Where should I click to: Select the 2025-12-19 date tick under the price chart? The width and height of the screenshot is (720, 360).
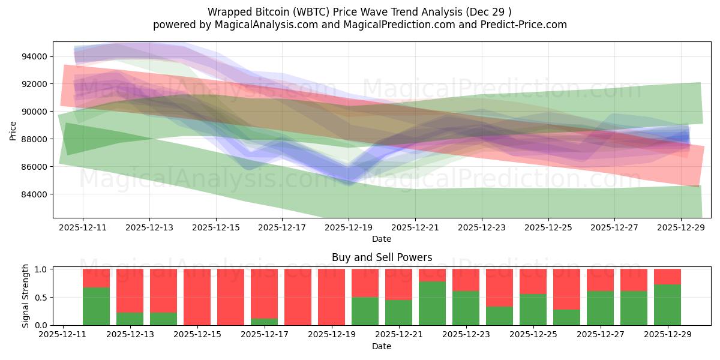pos(349,228)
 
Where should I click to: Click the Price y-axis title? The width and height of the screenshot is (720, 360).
pos(13,130)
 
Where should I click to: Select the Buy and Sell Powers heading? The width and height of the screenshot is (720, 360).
pos(382,257)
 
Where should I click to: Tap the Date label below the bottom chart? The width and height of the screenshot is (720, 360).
pos(382,346)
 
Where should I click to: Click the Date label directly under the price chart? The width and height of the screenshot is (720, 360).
pos(382,239)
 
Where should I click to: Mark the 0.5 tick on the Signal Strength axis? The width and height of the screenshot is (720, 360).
pos(41,298)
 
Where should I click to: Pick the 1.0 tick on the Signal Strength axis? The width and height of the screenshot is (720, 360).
pos(41,269)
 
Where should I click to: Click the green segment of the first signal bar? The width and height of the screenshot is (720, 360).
pos(96,307)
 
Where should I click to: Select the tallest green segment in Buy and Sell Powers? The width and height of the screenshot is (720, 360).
pos(432,304)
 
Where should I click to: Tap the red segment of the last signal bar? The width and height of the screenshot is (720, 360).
pos(667,277)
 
